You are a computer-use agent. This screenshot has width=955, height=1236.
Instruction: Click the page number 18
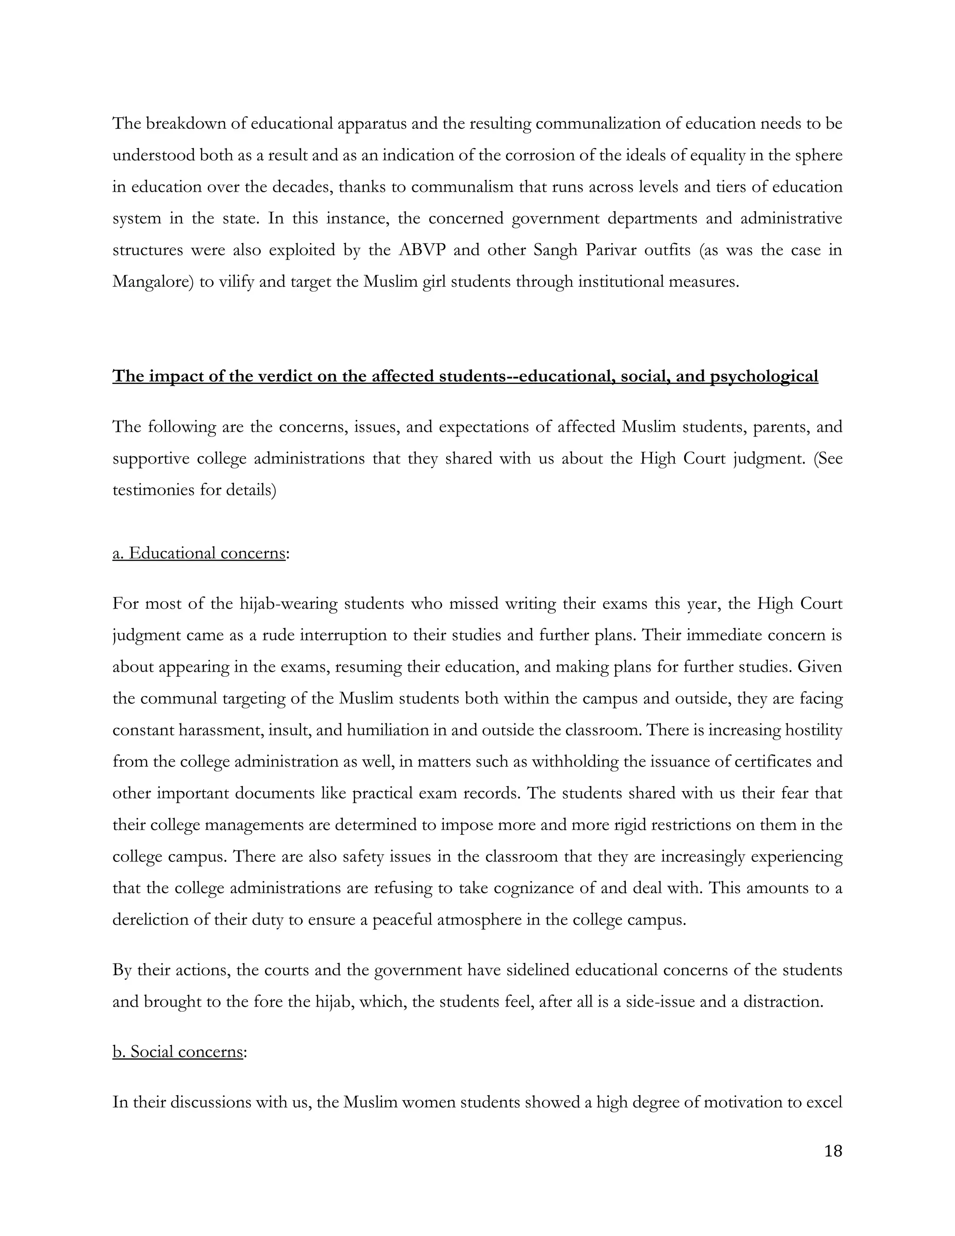(833, 1151)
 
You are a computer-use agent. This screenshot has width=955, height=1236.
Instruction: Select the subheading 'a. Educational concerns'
(199, 553)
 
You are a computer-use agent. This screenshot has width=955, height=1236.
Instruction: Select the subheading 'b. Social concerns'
(178, 1051)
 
